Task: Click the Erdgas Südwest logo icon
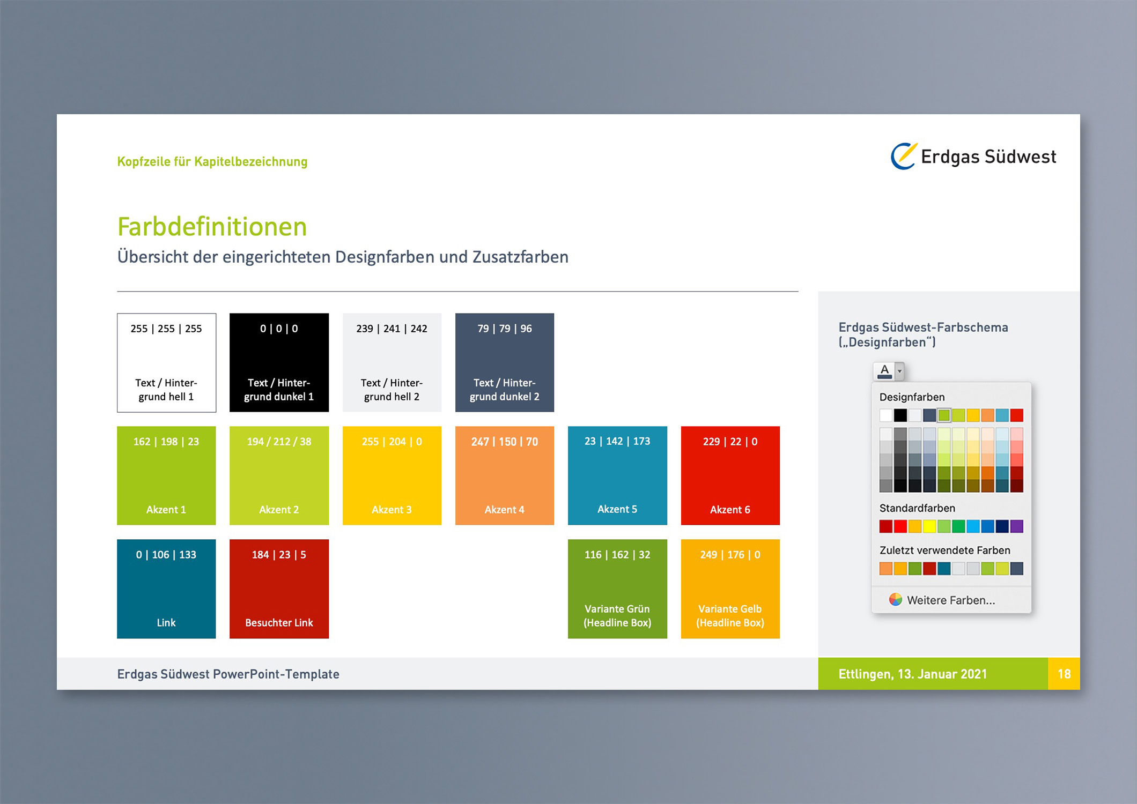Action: pos(904,156)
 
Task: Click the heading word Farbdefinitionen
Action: pos(212,227)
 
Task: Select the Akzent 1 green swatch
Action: pos(166,475)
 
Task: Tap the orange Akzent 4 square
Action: pos(505,475)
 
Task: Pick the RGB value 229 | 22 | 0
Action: pos(730,442)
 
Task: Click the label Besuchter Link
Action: pos(279,623)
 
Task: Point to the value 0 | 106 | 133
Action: pos(166,555)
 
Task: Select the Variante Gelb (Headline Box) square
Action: pos(730,589)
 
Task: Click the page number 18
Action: pos(1064,674)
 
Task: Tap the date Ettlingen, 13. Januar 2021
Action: pos(913,674)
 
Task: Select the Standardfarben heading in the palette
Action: pos(917,508)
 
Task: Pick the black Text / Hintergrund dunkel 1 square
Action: pos(279,362)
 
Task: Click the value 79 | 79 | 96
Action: pos(505,329)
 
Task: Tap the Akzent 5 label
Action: pos(617,509)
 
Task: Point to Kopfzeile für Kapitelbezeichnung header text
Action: pos(212,161)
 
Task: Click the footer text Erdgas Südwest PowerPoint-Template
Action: pos(228,674)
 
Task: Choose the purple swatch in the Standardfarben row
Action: pos(1016,526)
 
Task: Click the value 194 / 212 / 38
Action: pos(279,442)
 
